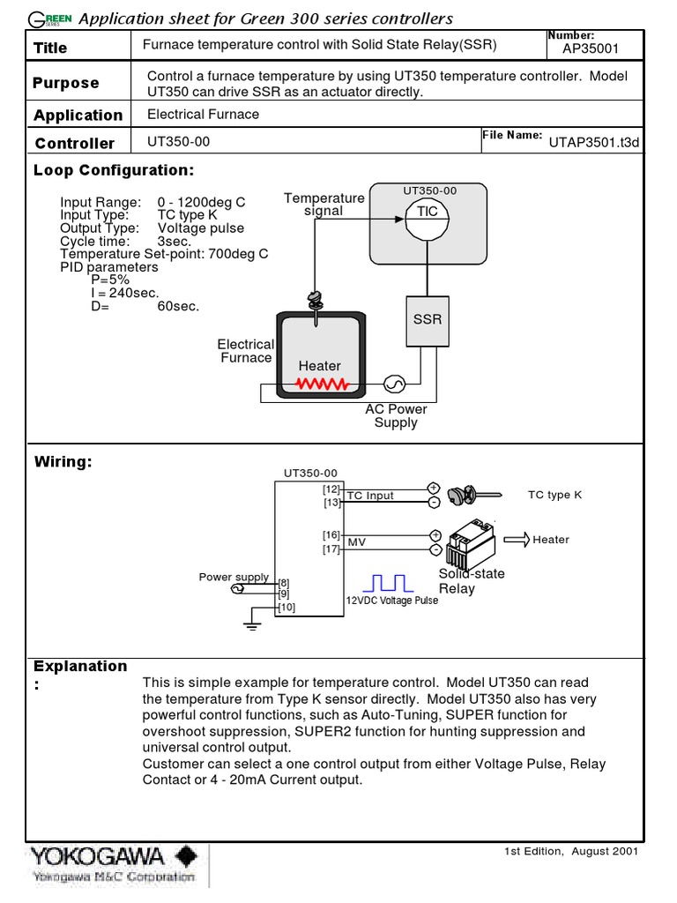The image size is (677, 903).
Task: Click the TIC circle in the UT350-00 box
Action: [x=428, y=212]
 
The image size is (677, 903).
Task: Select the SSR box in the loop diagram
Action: [x=428, y=318]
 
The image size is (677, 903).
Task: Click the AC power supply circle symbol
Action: [x=393, y=384]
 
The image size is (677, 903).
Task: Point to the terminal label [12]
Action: [x=331, y=489]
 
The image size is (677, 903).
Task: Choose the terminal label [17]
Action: [x=331, y=549]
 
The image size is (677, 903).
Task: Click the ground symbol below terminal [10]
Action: [x=253, y=624]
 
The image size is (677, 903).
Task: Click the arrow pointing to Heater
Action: [x=515, y=539]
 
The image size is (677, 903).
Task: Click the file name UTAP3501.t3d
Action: [x=593, y=141]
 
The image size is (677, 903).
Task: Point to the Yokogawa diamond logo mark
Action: [x=186, y=856]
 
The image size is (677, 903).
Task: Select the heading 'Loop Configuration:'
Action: [x=113, y=170]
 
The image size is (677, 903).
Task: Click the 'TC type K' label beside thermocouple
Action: [x=554, y=495]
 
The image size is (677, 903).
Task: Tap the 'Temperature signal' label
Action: [x=324, y=205]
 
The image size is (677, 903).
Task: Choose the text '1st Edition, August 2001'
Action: [x=571, y=851]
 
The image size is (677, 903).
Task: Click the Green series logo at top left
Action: [x=50, y=19]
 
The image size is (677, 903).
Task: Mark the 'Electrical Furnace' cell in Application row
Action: [x=203, y=114]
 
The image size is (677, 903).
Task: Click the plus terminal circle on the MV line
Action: [x=434, y=535]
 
